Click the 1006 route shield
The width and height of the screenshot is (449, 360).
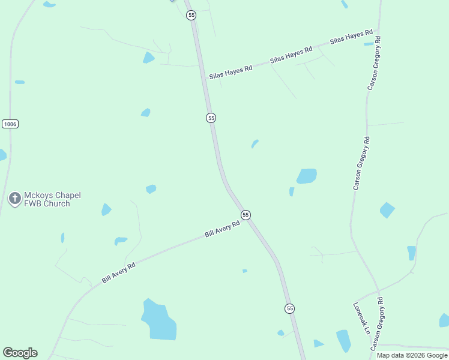pos(10,124)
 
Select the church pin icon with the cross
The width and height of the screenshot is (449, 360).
pos(14,198)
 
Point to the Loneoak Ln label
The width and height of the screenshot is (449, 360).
pos(360,317)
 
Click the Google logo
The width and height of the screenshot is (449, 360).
pos(20,353)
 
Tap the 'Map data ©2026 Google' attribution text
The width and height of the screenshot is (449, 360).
pos(412,355)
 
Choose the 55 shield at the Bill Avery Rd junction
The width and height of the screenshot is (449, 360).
pos(246,215)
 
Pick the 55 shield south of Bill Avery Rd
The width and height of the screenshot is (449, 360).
pos(290,308)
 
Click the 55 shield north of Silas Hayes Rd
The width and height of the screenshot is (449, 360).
pos(191,15)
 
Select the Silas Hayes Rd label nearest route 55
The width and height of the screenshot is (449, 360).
pos(231,73)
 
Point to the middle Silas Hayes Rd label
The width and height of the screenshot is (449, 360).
pos(291,54)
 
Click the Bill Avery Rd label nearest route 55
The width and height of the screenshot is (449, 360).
pos(222,228)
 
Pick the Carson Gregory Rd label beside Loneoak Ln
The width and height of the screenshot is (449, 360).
pos(378,323)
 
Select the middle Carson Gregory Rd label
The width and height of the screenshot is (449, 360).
pos(362,163)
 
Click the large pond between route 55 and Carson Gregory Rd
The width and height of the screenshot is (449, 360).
pos(306,176)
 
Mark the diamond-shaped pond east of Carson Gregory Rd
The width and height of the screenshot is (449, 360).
pos(387,210)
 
